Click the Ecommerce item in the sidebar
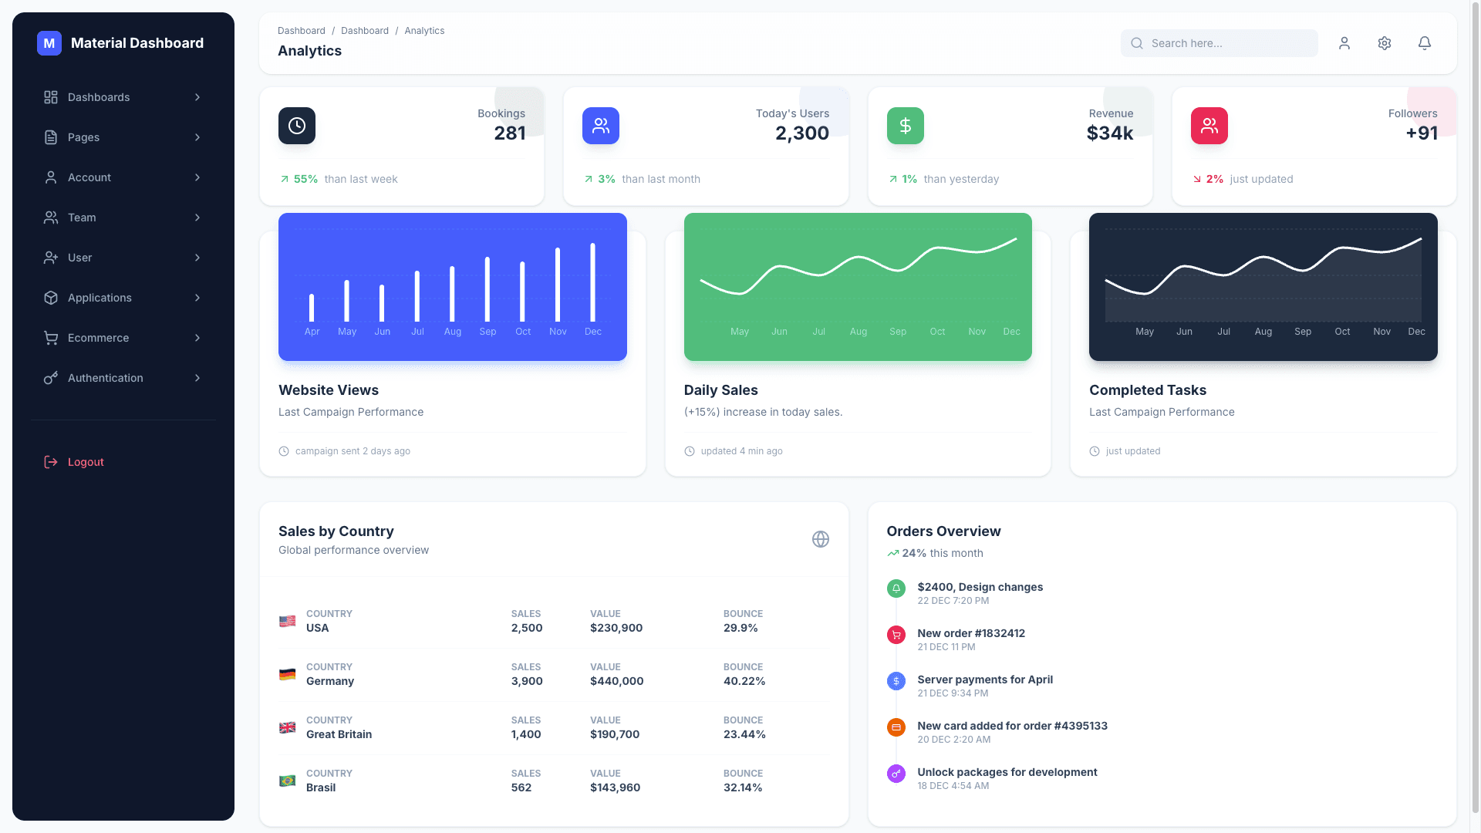click(x=98, y=338)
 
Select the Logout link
click(x=85, y=462)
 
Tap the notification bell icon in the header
click(x=1424, y=43)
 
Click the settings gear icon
click(x=1384, y=43)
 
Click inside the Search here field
click(x=1226, y=43)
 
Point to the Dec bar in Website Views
click(x=592, y=282)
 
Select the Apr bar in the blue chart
click(x=312, y=308)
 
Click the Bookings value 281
click(x=509, y=133)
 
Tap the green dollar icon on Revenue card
click(x=905, y=126)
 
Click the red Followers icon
click(x=1209, y=126)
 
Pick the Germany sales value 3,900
click(x=527, y=681)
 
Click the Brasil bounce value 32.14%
click(x=742, y=787)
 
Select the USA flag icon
click(x=287, y=621)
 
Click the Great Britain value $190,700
click(x=614, y=734)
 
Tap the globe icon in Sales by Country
click(x=820, y=539)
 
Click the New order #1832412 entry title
click(x=970, y=633)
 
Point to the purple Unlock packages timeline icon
click(x=896, y=773)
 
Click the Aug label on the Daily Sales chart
click(x=858, y=332)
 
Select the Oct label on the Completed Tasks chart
click(x=1342, y=332)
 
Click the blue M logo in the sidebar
click(x=49, y=43)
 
